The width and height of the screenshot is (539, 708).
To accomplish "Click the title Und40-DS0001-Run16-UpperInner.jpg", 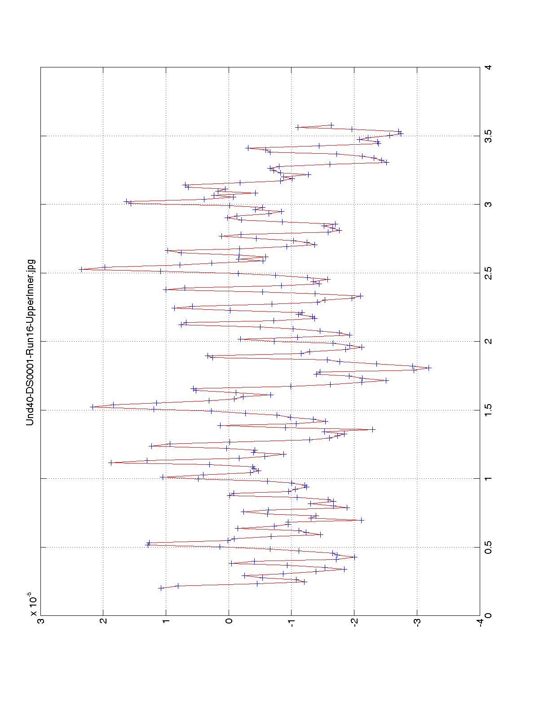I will coord(30,342).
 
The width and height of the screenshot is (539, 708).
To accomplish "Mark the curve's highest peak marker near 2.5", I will coord(81,269).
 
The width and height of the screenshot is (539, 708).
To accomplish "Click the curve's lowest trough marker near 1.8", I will coord(429,368).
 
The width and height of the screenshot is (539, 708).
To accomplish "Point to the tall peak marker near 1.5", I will coord(93,407).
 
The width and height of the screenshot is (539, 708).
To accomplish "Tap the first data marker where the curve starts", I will coord(161,588).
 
